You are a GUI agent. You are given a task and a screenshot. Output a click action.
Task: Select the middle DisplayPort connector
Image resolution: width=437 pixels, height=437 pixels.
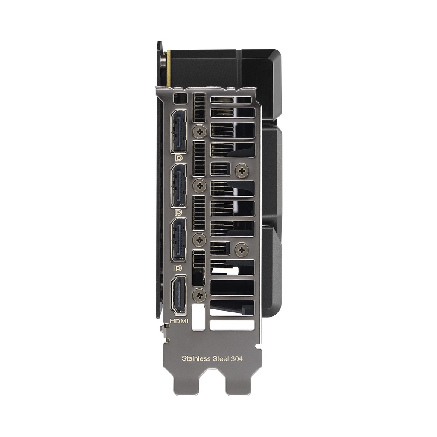tap(179, 185)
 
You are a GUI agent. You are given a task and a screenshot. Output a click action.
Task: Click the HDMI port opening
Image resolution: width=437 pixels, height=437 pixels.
tap(179, 295)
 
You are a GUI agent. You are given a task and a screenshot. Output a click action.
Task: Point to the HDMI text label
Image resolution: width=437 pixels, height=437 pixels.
tap(179, 320)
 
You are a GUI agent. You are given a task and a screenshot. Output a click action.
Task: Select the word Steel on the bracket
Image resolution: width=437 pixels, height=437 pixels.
tap(221, 359)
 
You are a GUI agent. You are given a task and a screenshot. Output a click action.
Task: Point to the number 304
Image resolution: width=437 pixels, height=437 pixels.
tap(237, 359)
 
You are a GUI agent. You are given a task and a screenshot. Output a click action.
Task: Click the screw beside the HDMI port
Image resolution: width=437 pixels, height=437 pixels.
tap(199, 294)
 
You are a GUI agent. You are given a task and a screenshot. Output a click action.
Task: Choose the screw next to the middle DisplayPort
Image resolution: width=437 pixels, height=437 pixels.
tap(199, 186)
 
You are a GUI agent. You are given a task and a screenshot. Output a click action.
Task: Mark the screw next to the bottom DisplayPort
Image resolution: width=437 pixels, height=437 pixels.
tap(199, 240)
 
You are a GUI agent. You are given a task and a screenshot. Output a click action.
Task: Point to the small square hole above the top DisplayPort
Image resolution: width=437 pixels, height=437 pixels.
tap(181, 99)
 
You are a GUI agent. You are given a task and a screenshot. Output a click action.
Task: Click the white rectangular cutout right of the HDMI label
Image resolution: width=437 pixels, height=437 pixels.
tap(199, 317)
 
